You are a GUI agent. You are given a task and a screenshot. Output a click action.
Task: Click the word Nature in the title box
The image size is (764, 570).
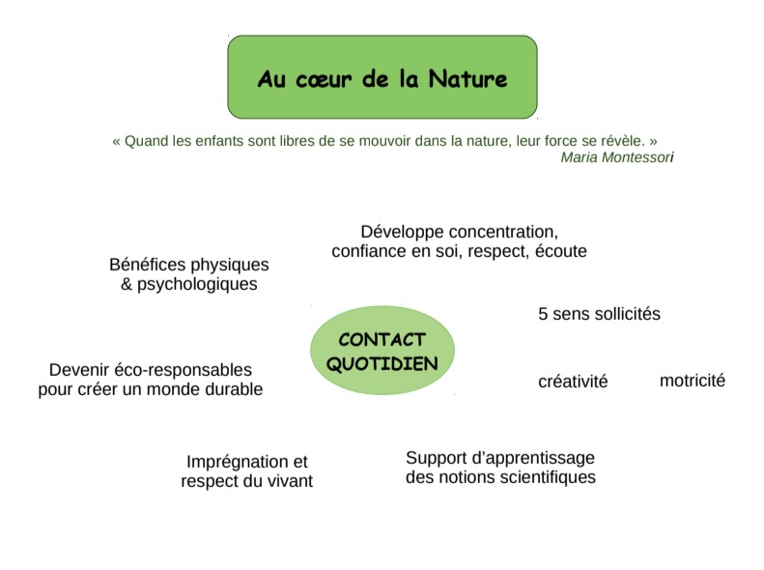point(467,79)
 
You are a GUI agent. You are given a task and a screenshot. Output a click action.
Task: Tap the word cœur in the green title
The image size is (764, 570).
point(324,80)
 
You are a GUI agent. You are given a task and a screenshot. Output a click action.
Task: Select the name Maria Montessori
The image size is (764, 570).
point(617,157)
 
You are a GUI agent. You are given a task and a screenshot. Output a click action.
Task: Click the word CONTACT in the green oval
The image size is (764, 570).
point(382,339)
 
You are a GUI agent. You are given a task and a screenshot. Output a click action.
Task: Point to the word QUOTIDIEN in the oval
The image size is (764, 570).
point(382,364)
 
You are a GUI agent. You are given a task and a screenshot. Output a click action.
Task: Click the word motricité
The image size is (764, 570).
point(693,381)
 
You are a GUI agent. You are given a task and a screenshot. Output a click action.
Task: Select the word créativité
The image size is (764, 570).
point(573,382)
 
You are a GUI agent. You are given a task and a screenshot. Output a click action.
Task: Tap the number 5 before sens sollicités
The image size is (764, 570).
point(543,314)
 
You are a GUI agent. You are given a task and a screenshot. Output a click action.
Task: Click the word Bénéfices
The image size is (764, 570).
point(147,265)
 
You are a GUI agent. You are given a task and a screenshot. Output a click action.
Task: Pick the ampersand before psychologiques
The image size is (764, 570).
point(127,284)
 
